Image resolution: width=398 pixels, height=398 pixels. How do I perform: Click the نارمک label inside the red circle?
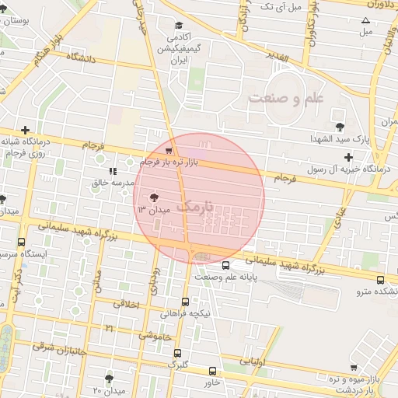click(x=194, y=207)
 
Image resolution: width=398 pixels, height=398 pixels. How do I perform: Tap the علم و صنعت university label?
click(x=285, y=98)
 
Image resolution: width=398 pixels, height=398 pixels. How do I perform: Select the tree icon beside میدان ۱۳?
click(x=152, y=197)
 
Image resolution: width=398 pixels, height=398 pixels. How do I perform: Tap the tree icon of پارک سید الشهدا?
click(x=338, y=126)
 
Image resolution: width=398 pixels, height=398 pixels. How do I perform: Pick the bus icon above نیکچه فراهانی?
click(x=184, y=302)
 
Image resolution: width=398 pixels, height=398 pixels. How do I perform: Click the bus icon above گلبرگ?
click(x=178, y=353)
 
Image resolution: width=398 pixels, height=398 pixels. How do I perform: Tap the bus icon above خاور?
click(x=213, y=371)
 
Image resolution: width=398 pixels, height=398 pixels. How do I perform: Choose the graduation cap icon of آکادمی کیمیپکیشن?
click(x=179, y=26)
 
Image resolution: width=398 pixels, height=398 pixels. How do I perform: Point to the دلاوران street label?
click(x=375, y=5)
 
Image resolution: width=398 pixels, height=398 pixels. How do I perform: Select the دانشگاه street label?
click(x=81, y=57)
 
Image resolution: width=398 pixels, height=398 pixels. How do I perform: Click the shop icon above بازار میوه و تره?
click(x=354, y=367)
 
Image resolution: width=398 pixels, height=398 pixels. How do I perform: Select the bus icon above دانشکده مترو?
click(x=379, y=280)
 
